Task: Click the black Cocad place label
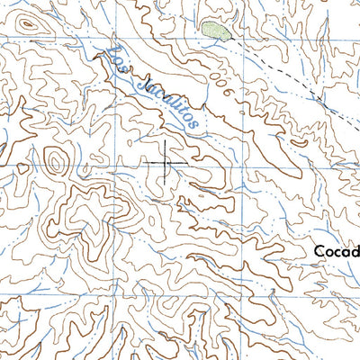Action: pyautogui.click(x=336, y=251)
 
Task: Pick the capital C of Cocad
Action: pyautogui.click(x=319, y=251)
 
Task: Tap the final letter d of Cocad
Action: pyautogui.click(x=354, y=251)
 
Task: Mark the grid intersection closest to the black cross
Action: pyautogui.click(x=122, y=166)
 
